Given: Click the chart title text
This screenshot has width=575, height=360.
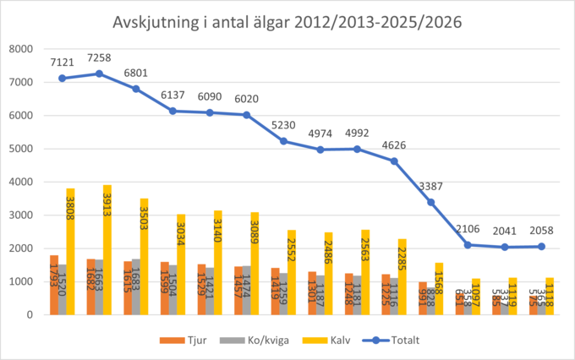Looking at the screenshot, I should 287,22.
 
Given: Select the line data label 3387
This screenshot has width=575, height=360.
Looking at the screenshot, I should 431,186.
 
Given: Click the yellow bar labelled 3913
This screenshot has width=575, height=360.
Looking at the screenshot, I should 107,250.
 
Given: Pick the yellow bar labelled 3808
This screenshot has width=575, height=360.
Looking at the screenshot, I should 71,252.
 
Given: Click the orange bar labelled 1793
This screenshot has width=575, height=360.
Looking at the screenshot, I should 54,285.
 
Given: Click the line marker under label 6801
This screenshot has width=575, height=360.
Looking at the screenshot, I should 136,89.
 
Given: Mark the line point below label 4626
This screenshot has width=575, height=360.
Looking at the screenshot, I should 394,161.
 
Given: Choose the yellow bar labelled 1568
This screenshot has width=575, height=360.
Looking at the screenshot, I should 438,289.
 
